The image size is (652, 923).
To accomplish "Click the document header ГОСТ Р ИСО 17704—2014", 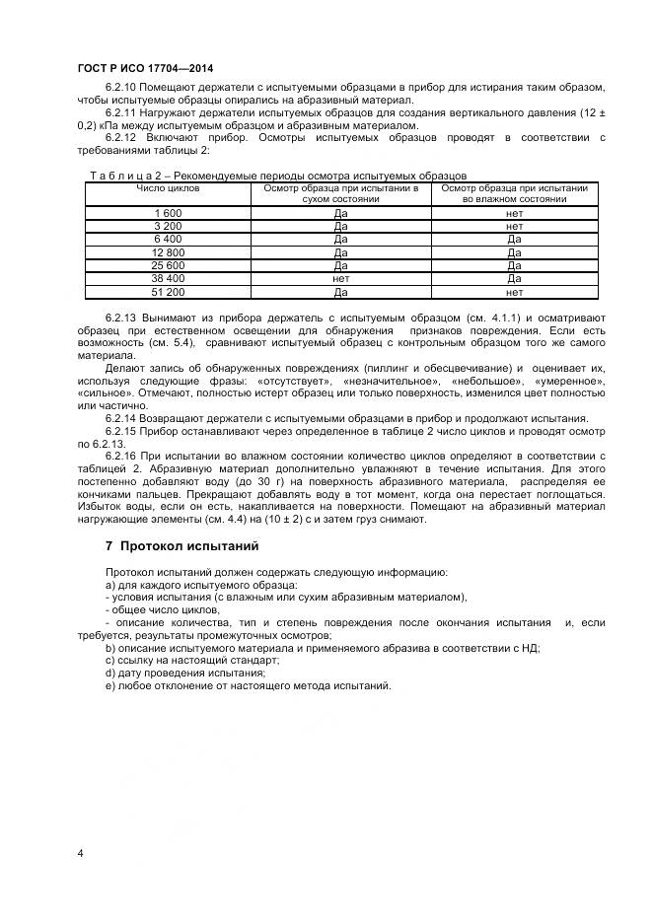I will [x=143, y=69].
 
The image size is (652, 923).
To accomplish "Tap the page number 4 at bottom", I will [x=80, y=852].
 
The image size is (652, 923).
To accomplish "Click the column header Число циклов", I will [x=168, y=186].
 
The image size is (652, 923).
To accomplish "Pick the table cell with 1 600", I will [x=168, y=213].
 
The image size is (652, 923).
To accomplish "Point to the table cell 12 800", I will [x=168, y=252].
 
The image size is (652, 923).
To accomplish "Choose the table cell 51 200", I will [x=168, y=293].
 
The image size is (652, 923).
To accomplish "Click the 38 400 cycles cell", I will [x=168, y=279].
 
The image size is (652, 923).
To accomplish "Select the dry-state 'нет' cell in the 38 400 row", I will [x=340, y=279].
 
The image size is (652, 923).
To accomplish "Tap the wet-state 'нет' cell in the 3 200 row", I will [x=514, y=226].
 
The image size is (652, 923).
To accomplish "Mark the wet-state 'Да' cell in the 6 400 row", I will [x=514, y=240].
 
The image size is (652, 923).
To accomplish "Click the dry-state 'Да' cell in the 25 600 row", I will [x=340, y=266].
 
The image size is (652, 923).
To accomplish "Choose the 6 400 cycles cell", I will [x=168, y=240].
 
